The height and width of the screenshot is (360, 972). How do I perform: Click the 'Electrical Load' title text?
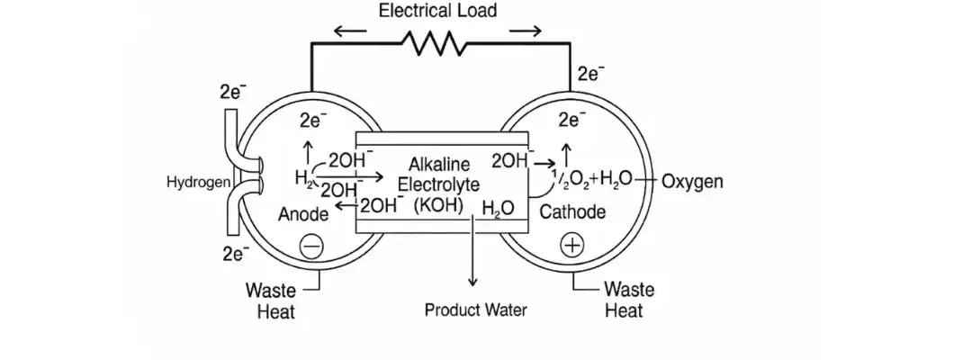pyautogui.click(x=437, y=12)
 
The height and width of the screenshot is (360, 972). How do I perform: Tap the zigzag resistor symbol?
pyautogui.click(x=436, y=42)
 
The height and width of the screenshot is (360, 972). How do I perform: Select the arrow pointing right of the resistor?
pyautogui.click(x=526, y=31)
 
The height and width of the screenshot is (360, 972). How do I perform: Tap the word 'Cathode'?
pyautogui.click(x=572, y=212)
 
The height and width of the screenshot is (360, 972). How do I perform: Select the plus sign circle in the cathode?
pyautogui.click(x=572, y=243)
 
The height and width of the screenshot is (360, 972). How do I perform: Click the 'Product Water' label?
pyautogui.click(x=475, y=311)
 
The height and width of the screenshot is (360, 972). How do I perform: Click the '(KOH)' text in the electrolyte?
pyautogui.click(x=438, y=204)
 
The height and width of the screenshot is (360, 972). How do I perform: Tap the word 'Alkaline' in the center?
pyautogui.click(x=439, y=166)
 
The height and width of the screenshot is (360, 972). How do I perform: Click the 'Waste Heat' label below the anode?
pyautogui.click(x=270, y=301)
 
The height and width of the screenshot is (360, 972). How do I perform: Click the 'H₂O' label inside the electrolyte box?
pyautogui.click(x=498, y=209)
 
